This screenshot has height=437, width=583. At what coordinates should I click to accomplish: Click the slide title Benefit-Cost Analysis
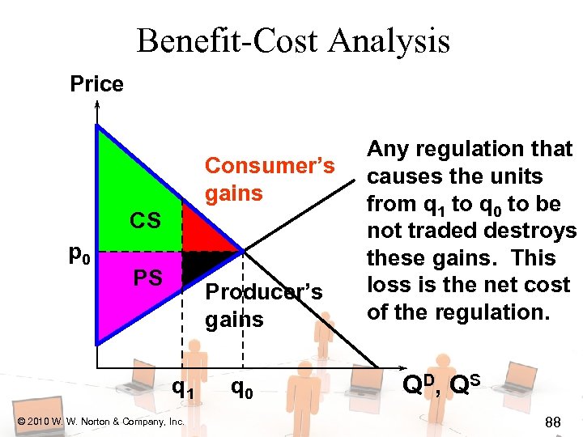click(x=292, y=40)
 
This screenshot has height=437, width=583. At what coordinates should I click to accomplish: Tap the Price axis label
click(x=96, y=84)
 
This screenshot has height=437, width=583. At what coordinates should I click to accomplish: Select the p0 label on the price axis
click(x=79, y=257)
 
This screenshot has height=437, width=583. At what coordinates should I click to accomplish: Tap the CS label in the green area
click(x=147, y=220)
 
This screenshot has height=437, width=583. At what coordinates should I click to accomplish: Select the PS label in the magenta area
click(x=148, y=279)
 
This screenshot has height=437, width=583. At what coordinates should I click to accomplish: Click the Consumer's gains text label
click(x=269, y=179)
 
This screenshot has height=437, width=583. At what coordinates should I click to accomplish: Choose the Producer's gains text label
click(x=263, y=305)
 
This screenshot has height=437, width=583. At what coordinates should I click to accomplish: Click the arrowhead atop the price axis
click(x=97, y=106)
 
